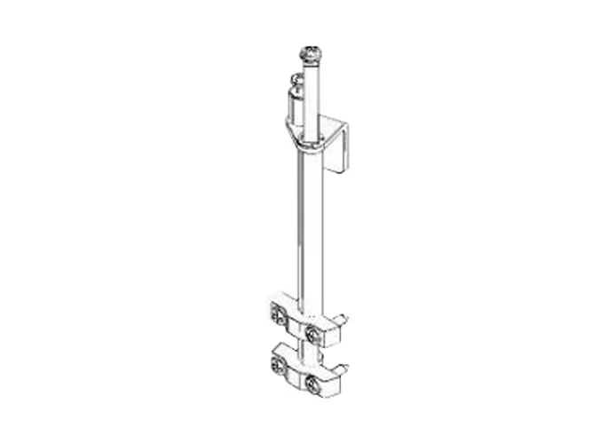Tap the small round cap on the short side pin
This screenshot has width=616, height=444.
(x=296, y=79)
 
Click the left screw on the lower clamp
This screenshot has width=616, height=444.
(x=277, y=364)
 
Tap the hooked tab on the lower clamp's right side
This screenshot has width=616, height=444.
(x=339, y=366)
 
